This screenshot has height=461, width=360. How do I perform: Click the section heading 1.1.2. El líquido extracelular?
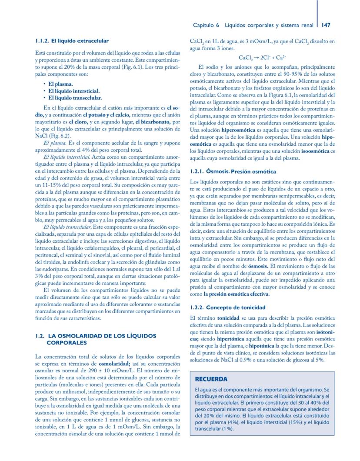(72, 41)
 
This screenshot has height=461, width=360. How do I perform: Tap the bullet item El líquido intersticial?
(74, 91)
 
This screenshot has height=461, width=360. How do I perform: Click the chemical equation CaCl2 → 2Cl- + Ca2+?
(262, 57)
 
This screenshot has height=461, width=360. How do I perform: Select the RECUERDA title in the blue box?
(211, 379)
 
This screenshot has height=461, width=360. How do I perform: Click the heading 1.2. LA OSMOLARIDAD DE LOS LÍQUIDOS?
(95, 336)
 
